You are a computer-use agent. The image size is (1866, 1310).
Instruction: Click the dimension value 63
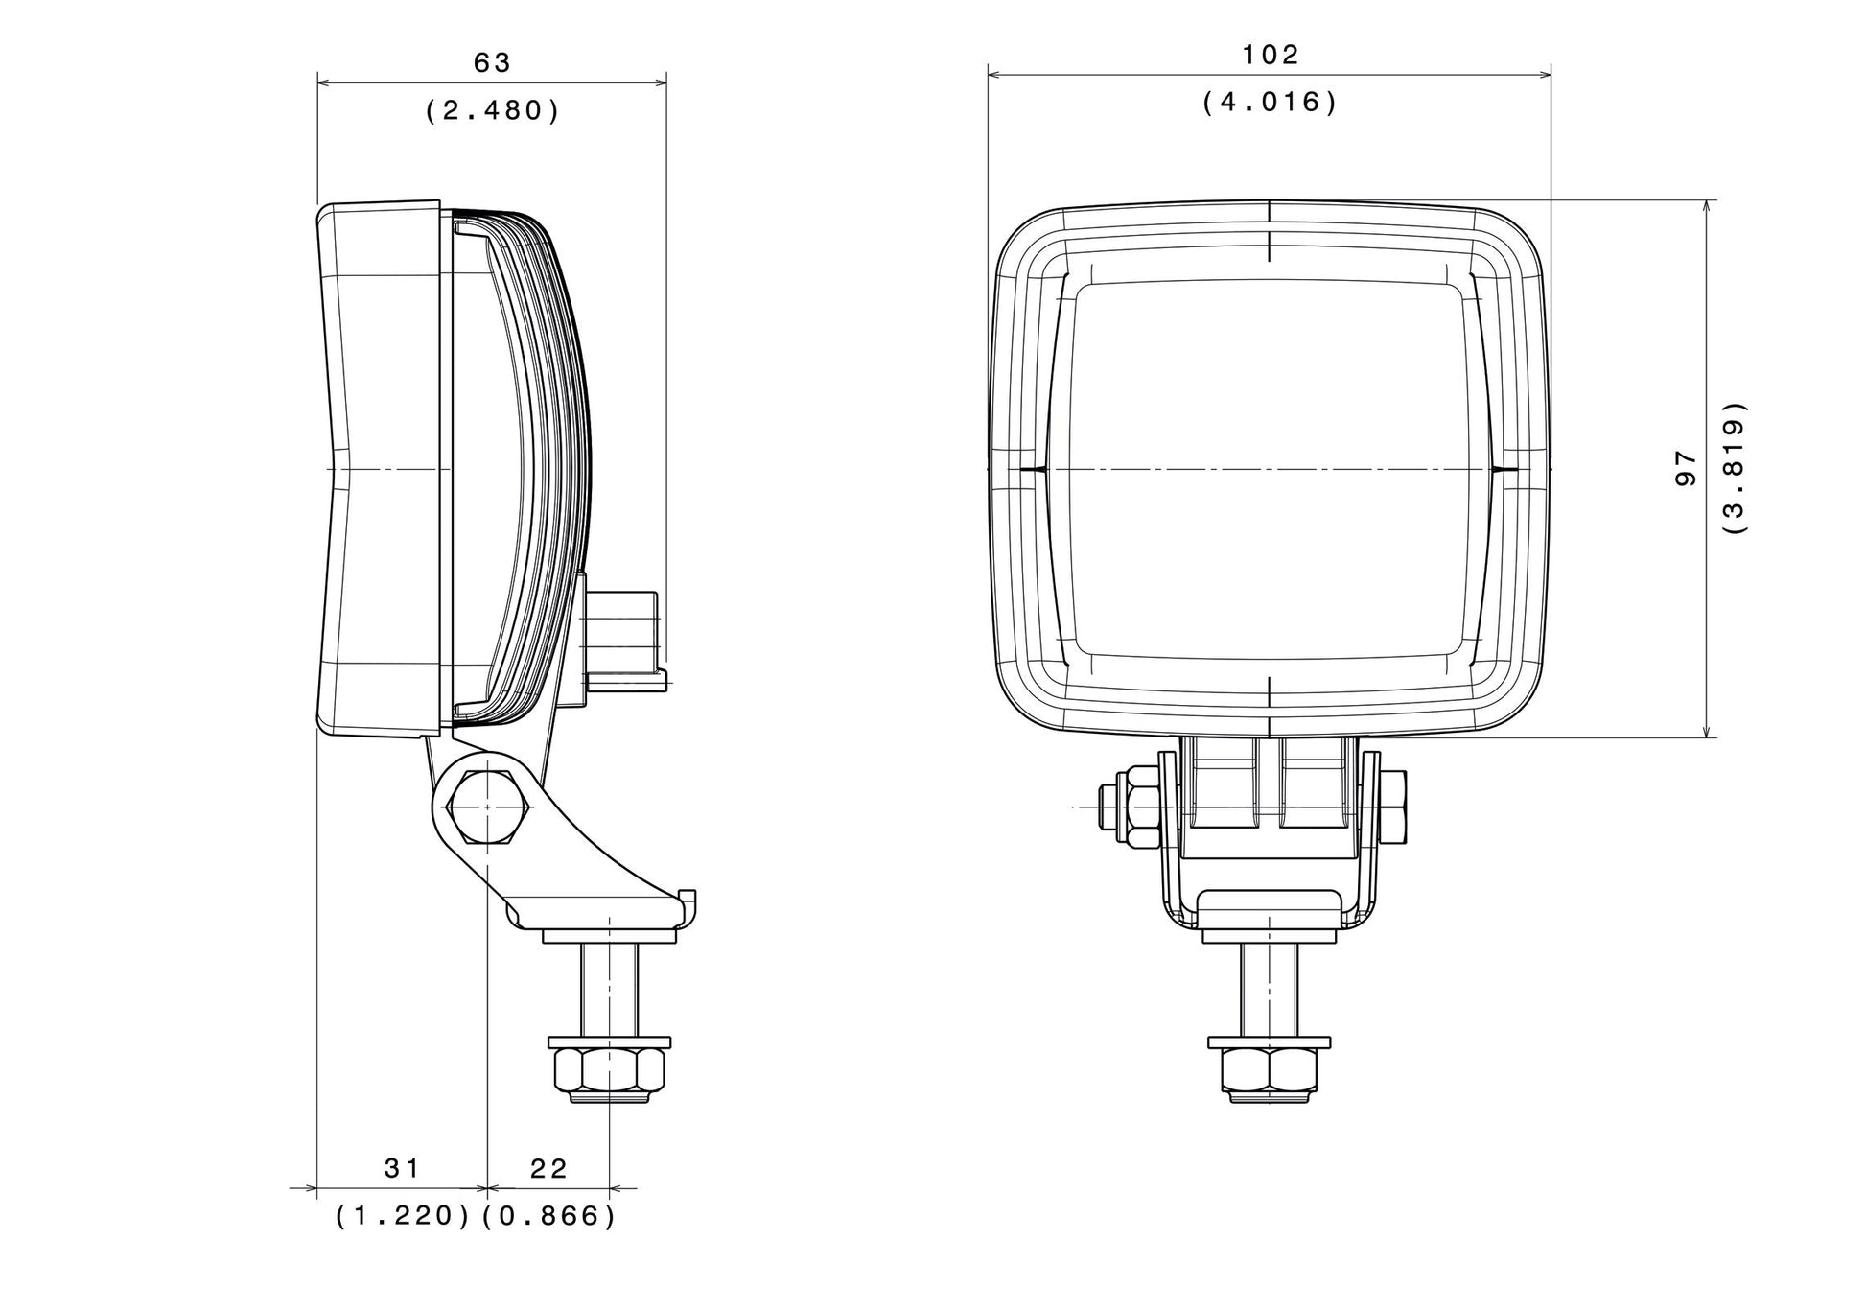492,63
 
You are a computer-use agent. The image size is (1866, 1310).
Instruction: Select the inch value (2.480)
492,110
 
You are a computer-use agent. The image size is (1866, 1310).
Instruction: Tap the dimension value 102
1271,55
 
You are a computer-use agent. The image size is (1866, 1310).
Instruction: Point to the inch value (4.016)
1270,102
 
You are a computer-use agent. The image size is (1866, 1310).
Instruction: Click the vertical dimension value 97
1686,469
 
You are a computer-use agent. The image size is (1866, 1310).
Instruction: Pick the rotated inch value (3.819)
1735,467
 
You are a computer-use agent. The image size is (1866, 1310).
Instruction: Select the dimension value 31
402,1168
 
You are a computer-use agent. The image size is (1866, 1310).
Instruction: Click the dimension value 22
548,1168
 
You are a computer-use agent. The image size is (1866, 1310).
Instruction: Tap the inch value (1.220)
403,1216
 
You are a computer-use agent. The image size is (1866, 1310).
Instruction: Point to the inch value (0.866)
548,1216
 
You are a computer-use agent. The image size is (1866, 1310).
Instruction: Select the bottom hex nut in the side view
609,1074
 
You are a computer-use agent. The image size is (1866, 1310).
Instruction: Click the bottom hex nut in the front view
1270,1074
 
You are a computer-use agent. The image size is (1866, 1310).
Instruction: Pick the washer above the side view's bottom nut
609,1042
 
